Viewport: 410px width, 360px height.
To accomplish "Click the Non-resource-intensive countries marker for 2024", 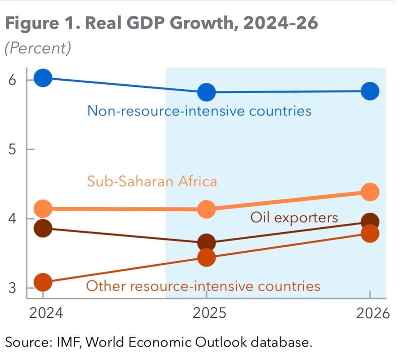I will click(43, 78).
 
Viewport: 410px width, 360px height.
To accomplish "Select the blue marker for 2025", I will click(206, 92).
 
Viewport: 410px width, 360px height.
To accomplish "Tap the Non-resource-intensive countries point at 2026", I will click(370, 91).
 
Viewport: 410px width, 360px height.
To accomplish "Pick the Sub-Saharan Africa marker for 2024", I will click(43, 208).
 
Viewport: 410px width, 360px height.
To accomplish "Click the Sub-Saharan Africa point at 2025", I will click(206, 209).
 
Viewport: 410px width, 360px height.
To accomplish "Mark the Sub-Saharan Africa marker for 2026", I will click(370, 192).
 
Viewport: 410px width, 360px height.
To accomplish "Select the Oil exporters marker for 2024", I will click(43, 228).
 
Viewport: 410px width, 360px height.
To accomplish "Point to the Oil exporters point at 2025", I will click(206, 243).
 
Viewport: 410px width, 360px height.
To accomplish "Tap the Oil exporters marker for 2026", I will click(370, 222).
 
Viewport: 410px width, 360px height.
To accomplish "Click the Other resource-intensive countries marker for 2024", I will click(43, 282).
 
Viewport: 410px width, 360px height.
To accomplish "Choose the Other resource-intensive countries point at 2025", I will click(206, 257).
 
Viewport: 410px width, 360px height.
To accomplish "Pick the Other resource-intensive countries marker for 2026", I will click(370, 234).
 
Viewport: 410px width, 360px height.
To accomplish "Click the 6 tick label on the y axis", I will click(12, 79).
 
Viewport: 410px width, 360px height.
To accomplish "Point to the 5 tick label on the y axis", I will click(12, 149).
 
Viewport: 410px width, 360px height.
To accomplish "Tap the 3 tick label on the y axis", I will click(12, 288).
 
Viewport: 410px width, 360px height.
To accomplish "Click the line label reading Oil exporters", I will click(294, 217).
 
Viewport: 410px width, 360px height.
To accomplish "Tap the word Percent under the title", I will click(38, 48).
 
